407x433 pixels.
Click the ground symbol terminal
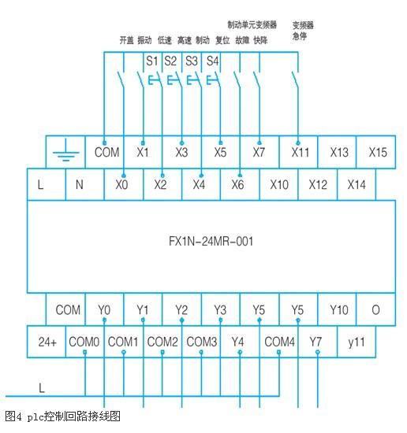[x=65, y=152]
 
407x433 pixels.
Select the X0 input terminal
[x=124, y=184]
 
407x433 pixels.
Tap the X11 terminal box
[x=298, y=152]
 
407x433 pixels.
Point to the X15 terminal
[x=375, y=152]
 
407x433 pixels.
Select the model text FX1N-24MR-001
[x=211, y=242]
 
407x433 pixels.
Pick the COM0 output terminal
[x=85, y=342]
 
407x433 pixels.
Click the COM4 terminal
[x=279, y=342]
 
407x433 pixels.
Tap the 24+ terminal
[x=47, y=342]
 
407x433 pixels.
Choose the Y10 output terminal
[x=337, y=309]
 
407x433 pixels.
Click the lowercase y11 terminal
[x=357, y=342]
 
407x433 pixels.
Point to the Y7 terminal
[x=318, y=342]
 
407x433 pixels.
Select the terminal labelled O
[x=375, y=309]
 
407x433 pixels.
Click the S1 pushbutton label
[x=151, y=61]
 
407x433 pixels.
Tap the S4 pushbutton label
[x=212, y=61]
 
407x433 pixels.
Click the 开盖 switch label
[x=126, y=40]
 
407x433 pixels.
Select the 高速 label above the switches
[x=185, y=40]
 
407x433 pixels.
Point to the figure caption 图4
[x=13, y=416]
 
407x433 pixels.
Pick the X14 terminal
[x=357, y=184]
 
